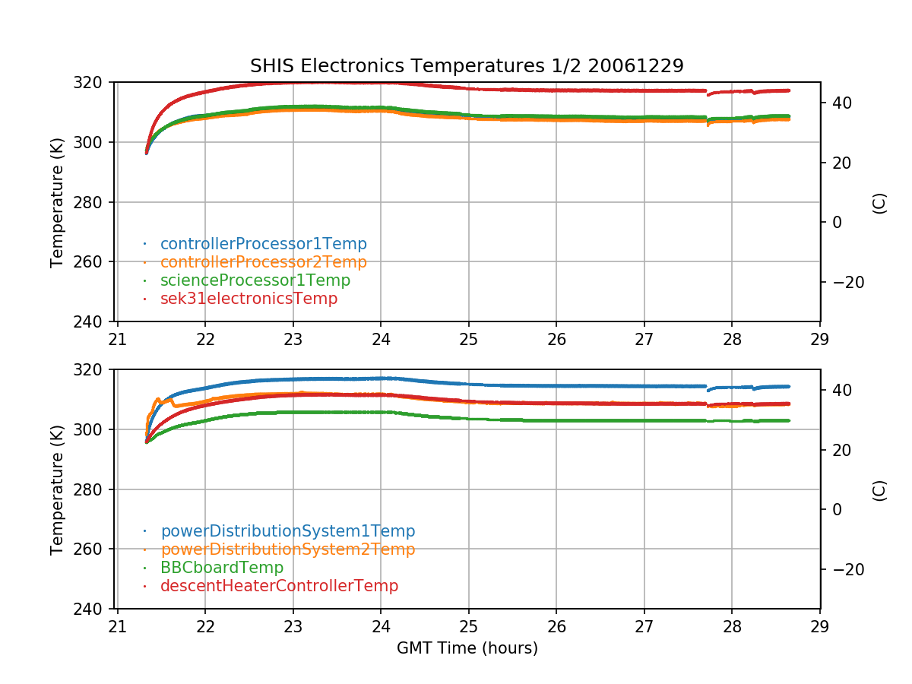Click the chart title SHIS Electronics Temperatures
tap(467, 66)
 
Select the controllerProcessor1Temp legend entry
tap(263, 244)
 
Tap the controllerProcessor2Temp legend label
tap(263, 262)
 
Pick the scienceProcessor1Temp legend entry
tap(255, 280)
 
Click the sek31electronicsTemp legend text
tap(249, 299)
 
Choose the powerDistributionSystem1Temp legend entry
tap(287, 531)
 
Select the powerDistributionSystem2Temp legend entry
tap(287, 549)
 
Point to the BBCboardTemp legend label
tap(221, 568)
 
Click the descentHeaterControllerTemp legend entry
tap(279, 586)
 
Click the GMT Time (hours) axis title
tap(467, 648)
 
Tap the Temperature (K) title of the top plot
tap(57, 201)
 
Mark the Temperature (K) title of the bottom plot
tap(57, 489)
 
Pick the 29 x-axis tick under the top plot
tap(820, 338)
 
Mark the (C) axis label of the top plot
tap(879, 202)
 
